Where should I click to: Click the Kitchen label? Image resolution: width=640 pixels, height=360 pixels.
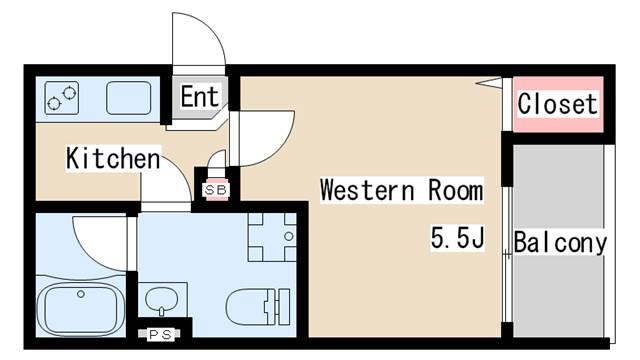click(113, 158)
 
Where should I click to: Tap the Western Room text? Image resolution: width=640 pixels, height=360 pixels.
click(402, 190)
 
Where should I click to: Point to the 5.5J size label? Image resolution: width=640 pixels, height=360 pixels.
click(458, 238)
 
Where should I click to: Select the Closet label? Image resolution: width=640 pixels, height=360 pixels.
click(558, 104)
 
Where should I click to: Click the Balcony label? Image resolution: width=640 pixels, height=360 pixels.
click(560, 243)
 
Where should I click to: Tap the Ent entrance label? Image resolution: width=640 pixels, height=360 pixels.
click(200, 97)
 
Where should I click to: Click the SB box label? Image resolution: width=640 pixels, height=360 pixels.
click(216, 190)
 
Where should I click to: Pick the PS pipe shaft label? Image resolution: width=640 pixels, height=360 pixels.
click(160, 335)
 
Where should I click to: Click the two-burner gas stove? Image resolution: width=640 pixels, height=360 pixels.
click(62, 98)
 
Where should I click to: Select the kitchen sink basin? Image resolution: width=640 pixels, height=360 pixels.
click(129, 98)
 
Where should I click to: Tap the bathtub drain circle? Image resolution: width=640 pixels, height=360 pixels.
click(81, 294)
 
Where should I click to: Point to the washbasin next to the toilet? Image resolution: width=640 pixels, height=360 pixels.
click(162, 300)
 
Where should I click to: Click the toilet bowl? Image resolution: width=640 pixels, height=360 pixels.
click(246, 307)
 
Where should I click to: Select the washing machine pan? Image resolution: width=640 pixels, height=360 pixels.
click(272, 237)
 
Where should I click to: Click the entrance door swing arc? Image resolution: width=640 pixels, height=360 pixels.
click(210, 28)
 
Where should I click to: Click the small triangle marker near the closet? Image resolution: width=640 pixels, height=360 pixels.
click(489, 82)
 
